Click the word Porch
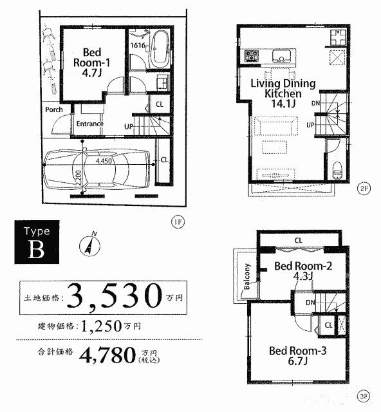pyautogui.click(x=54, y=109)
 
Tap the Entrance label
pyautogui.click(x=90, y=124)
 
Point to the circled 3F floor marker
pyautogui.click(x=364, y=397)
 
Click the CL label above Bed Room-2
pyautogui.click(x=298, y=241)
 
